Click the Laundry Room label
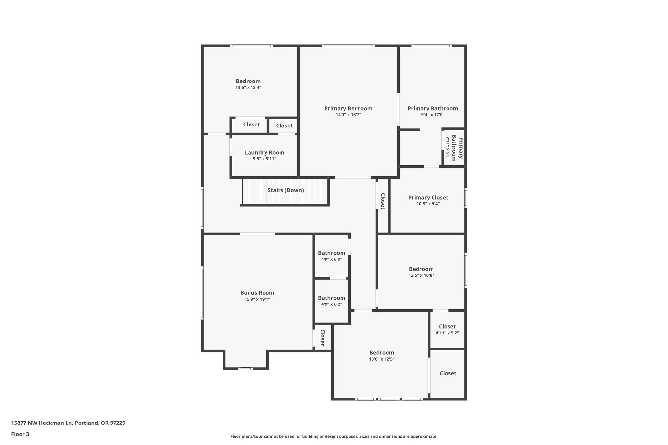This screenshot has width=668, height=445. (x=264, y=152)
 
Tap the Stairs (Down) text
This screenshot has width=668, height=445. (x=285, y=190)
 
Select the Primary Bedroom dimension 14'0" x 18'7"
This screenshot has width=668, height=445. (x=348, y=115)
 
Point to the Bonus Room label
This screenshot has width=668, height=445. (x=257, y=293)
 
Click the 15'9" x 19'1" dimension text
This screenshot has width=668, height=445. (x=257, y=299)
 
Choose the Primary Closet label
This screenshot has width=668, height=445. (x=428, y=197)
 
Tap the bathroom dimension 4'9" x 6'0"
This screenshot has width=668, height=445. (x=331, y=260)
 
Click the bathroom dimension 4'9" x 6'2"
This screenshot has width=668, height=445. (x=331, y=304)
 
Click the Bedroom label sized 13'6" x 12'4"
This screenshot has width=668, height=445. (x=248, y=81)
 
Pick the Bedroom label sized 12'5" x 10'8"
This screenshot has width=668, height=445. (x=421, y=269)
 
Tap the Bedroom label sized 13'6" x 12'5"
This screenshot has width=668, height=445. (x=382, y=352)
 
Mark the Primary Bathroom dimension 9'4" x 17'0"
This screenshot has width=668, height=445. (x=433, y=115)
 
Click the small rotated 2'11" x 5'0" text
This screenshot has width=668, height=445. (x=448, y=148)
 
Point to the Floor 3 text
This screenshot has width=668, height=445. (x=20, y=434)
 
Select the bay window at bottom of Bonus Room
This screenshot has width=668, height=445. (x=245, y=369)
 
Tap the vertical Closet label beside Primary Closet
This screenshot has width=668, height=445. (x=383, y=201)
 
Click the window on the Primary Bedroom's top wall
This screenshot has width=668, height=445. (x=348, y=46)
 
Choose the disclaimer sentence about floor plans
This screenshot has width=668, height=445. (x=334, y=436)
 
